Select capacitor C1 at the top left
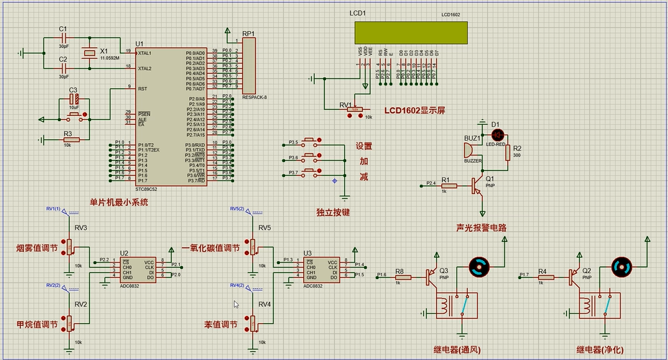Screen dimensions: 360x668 [63, 38]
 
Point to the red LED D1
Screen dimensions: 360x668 [497, 134]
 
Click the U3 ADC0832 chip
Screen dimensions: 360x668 [320, 269]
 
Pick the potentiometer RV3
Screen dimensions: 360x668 [69, 247]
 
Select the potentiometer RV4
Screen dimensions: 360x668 [253, 322]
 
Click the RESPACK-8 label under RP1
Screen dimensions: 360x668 [254, 97]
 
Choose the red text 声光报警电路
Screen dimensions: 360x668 [481, 228]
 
